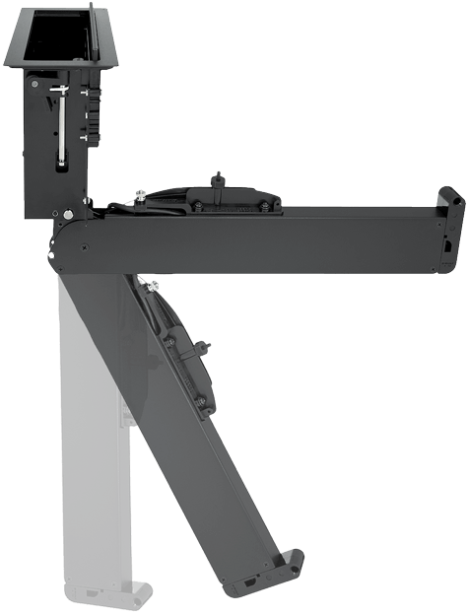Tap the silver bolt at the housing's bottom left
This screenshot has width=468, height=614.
(67, 210)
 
